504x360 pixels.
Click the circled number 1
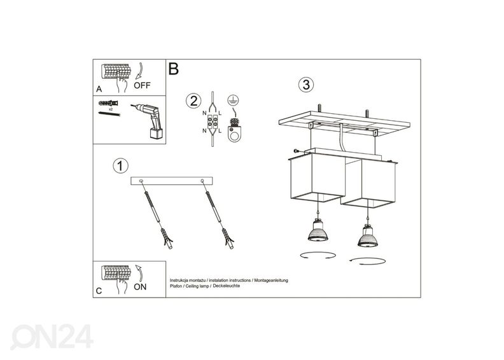(119, 166)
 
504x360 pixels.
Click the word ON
(141, 287)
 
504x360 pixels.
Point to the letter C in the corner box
(98, 291)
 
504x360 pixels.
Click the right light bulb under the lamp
(367, 236)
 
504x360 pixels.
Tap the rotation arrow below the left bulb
(318, 256)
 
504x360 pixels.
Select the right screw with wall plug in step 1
(219, 216)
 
